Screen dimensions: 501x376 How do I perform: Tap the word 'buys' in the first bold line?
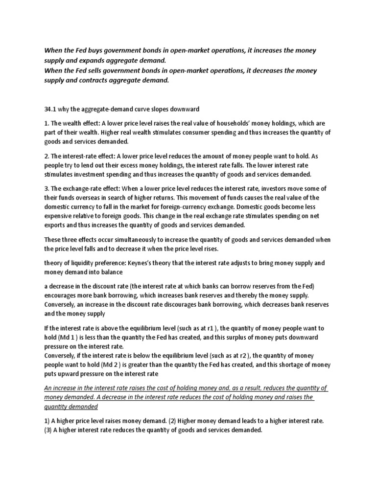(x=94, y=50)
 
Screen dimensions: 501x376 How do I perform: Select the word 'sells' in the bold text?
(x=94, y=70)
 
